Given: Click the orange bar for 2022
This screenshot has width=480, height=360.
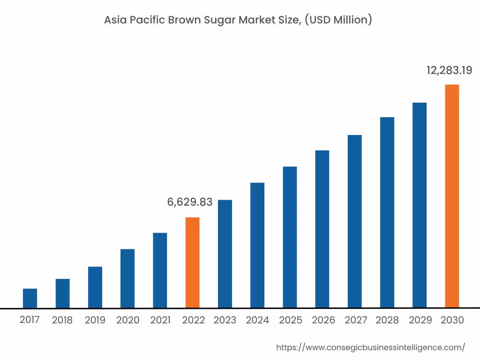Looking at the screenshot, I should (x=192, y=262).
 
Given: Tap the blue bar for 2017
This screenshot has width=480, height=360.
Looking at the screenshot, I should (x=30, y=298).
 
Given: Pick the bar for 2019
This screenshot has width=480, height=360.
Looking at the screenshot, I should (x=95, y=287).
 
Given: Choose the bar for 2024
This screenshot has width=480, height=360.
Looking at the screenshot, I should (x=257, y=245).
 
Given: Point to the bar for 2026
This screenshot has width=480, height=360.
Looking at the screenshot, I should (x=322, y=229).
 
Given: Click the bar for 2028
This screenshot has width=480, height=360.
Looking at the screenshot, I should (x=387, y=212).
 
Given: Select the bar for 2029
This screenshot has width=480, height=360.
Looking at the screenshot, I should (x=420, y=205).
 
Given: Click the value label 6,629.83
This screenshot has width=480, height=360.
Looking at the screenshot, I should (x=190, y=202).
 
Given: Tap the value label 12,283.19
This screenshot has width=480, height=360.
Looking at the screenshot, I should (x=449, y=70).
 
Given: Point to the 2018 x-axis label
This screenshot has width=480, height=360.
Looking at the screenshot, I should (x=62, y=321).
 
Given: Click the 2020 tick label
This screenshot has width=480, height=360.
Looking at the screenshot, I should (x=128, y=321).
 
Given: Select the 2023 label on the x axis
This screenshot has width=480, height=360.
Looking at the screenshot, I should (x=225, y=321).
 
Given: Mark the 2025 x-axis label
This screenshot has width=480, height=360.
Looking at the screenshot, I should (x=291, y=321).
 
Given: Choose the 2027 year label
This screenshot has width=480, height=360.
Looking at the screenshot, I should (x=356, y=321).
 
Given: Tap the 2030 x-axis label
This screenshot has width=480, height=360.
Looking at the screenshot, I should (x=452, y=321).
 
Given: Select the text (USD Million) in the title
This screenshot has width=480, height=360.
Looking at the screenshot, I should (x=338, y=20).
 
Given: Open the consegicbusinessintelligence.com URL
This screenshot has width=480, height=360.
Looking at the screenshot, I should (x=371, y=347).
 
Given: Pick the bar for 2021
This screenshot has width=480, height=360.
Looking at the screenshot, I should (x=160, y=270).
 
